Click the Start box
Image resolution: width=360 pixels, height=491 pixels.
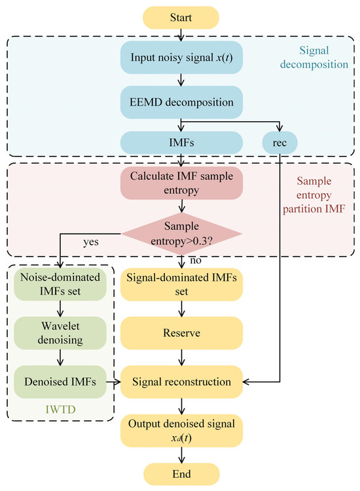181,18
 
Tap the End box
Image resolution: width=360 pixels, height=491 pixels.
181,474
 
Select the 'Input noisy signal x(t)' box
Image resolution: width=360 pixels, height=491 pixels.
181,58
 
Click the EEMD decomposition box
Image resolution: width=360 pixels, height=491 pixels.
181,102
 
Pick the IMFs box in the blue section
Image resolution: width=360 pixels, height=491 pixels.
181,143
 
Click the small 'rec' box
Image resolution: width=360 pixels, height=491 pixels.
279,143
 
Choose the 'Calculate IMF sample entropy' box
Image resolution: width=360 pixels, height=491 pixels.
181,183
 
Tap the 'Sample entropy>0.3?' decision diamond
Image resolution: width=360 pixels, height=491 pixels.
181,234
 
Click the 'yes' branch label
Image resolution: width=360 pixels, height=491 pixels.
91,242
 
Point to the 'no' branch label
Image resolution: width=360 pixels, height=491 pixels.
196,260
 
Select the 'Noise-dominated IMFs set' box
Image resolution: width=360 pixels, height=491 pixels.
60,284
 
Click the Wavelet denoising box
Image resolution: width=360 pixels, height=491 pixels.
60,333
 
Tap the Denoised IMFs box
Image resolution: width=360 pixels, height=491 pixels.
60,382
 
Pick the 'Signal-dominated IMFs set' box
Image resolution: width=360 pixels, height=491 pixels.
181,284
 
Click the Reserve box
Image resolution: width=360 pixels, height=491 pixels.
181,333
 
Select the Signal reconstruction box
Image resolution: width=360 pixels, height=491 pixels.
181,382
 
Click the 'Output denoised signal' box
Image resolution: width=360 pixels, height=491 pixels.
181,431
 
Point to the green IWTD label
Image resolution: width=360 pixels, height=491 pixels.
60,409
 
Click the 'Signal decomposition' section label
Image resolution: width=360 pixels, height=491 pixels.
314,58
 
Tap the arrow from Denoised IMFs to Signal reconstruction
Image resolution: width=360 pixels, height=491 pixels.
113,382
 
